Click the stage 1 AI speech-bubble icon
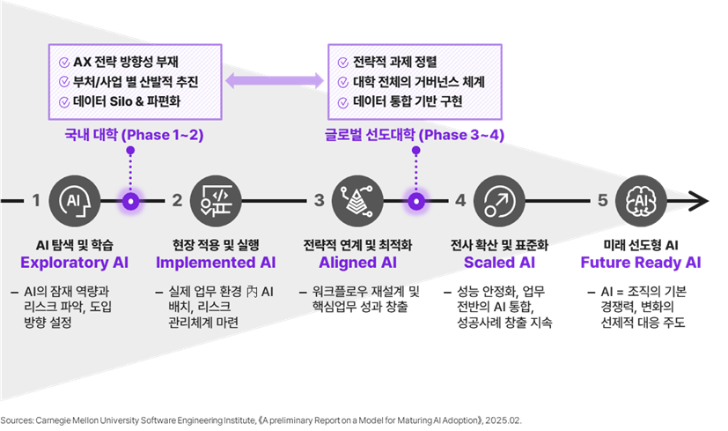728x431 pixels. (x=74, y=201)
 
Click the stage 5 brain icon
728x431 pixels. (x=640, y=201)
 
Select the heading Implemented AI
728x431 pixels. (x=215, y=263)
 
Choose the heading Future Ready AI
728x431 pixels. (x=640, y=263)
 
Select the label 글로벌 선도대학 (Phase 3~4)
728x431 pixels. (x=414, y=136)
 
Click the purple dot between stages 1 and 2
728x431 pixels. (x=131, y=201)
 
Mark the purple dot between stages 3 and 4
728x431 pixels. (x=415, y=201)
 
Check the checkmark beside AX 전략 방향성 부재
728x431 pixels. (x=63, y=63)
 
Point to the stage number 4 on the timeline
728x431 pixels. (x=460, y=201)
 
